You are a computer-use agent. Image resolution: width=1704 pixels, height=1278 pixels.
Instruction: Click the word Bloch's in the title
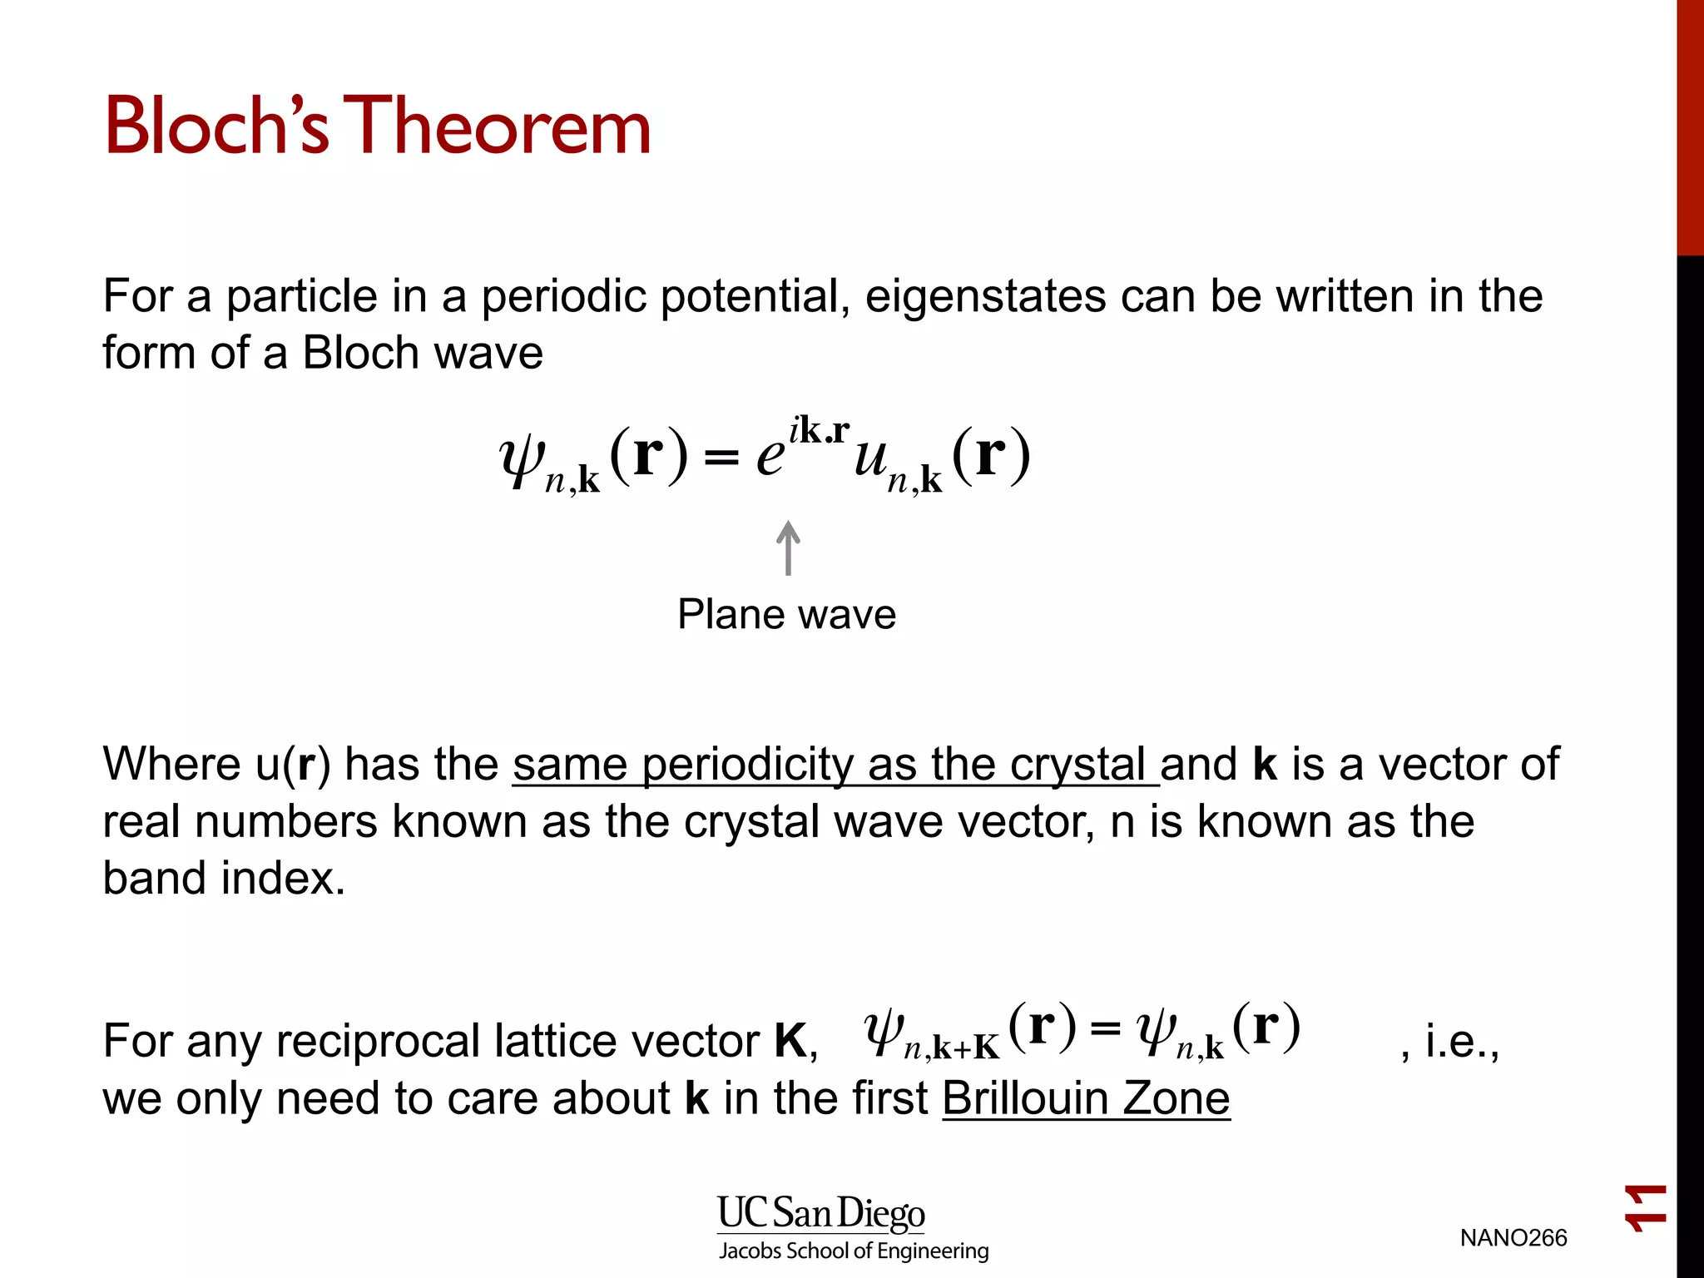pos(216,126)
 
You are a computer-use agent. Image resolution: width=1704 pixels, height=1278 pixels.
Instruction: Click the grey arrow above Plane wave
pos(788,548)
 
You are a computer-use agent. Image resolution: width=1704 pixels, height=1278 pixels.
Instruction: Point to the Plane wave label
pos(786,615)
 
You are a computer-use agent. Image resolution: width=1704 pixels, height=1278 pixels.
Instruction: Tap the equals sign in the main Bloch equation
pos(721,458)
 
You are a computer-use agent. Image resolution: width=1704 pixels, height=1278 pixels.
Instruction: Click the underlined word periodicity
pos(746,765)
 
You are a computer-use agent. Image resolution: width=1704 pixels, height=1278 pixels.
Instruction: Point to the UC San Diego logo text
pos(820,1213)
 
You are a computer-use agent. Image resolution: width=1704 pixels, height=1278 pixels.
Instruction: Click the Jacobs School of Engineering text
pos(854,1251)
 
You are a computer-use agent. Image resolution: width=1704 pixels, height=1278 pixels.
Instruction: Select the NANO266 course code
pos(1513,1238)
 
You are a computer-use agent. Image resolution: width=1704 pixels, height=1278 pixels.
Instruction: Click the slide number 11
pos(1646,1208)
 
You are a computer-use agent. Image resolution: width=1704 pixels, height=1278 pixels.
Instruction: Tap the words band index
pos(223,879)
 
